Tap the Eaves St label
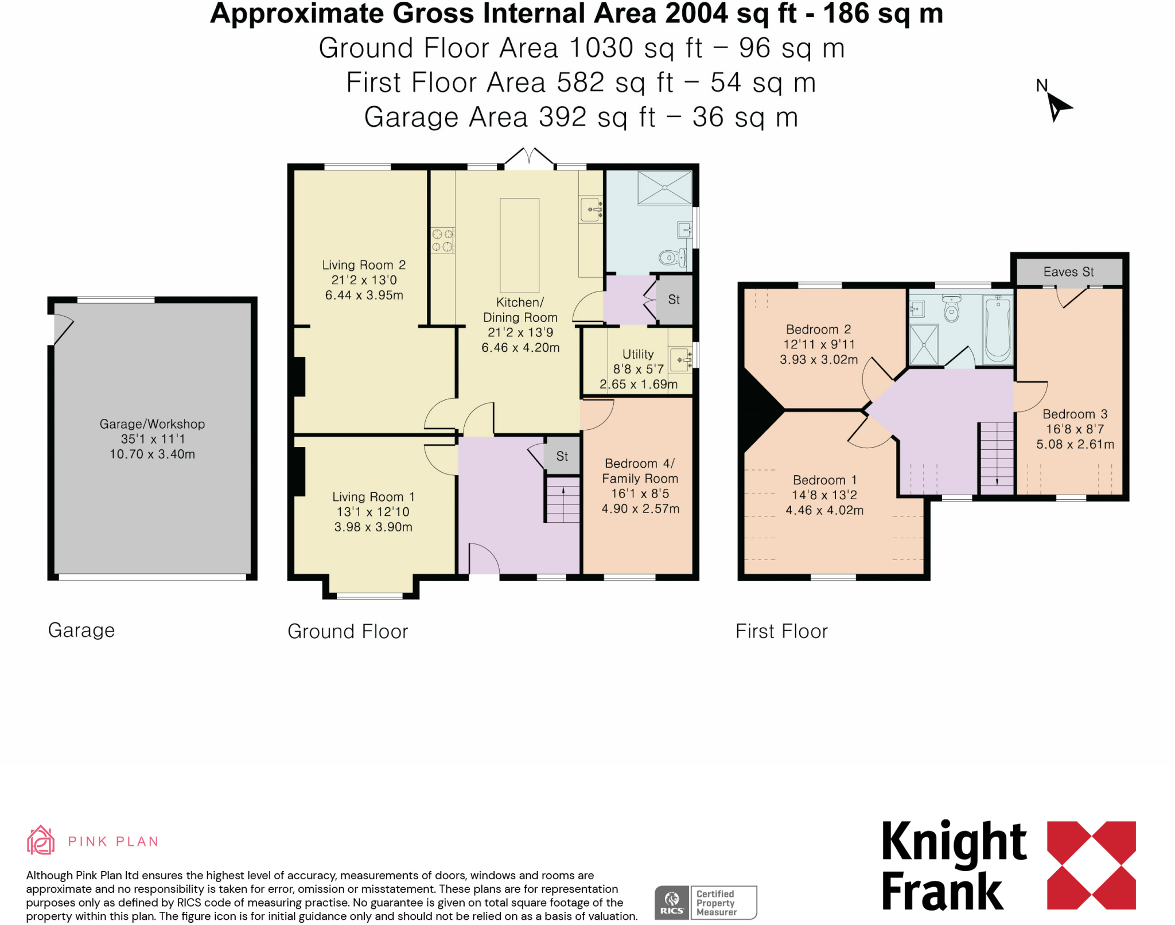pos(1068,272)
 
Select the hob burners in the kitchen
pos(442,240)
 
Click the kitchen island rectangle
pos(519,246)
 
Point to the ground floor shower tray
pos(664,187)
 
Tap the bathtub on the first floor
pos(998,330)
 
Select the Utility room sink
pos(681,360)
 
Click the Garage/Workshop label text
pos(152,424)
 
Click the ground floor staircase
pos(562,500)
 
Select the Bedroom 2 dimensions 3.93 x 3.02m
pos(819,360)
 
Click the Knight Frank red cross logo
pos(1091,865)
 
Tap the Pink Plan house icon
pos(41,841)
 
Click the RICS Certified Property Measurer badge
pos(706,903)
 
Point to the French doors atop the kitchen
pos(530,157)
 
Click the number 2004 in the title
pos(696,14)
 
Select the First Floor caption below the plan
pos(781,631)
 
